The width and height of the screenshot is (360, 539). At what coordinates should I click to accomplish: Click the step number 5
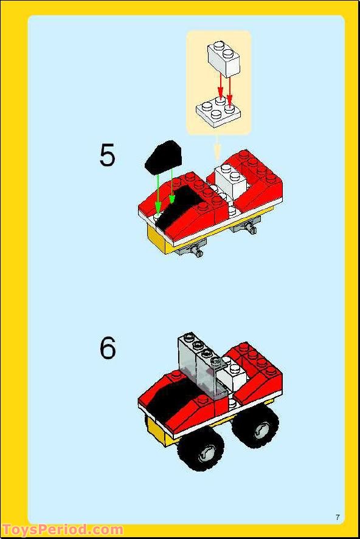click(x=107, y=156)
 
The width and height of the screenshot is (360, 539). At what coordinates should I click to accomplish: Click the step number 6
click(x=108, y=348)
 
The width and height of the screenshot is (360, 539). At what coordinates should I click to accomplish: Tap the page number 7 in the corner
click(x=337, y=517)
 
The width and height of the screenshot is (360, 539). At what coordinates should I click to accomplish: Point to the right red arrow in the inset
click(x=230, y=88)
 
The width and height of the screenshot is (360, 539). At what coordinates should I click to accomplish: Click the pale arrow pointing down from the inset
click(x=217, y=151)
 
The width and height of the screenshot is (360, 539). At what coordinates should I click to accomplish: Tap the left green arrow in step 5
click(x=158, y=191)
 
